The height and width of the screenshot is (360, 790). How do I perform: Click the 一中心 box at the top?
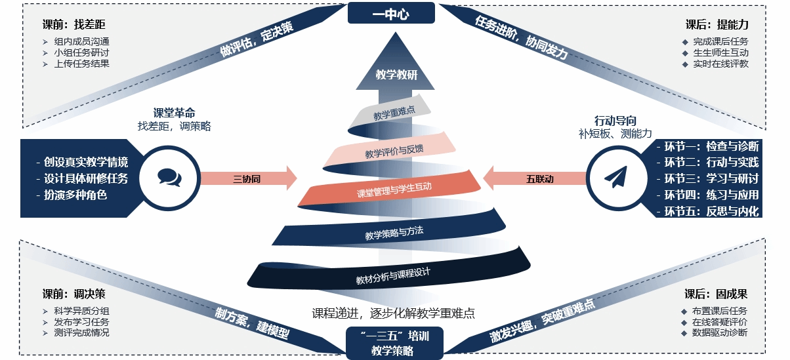point(391,13)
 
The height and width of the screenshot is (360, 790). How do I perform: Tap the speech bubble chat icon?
point(169,177)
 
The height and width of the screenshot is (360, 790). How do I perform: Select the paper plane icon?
point(615,177)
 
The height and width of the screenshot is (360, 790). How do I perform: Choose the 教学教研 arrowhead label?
point(396,75)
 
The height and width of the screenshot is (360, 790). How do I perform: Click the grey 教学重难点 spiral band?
point(394,113)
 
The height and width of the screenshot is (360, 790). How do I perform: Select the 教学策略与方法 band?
point(394,232)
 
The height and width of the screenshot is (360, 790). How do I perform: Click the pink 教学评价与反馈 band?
point(394,151)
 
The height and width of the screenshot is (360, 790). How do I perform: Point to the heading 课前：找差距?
point(73,24)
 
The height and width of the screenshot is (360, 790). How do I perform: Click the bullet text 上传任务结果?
point(81,64)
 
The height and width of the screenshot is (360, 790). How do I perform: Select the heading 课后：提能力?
point(717,24)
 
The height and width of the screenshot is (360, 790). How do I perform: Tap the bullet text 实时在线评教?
point(720,64)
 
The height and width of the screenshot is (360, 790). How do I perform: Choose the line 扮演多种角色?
point(75,195)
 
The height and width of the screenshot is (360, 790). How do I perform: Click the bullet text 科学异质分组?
point(81,311)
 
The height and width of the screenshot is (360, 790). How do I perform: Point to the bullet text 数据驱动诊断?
point(719,332)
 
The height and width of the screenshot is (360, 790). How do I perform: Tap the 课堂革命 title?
point(174,113)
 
